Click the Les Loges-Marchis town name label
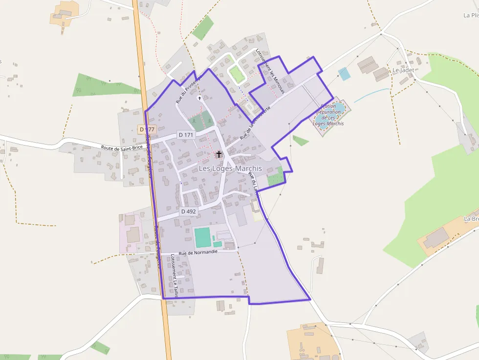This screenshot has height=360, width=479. pyautogui.click(x=230, y=169)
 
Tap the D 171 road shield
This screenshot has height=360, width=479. pyautogui.click(x=186, y=135)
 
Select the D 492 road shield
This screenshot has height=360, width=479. pyautogui.click(x=188, y=212)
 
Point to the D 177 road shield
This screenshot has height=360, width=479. pyautogui.click(x=147, y=129)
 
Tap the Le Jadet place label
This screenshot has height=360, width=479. pyautogui.click(x=403, y=70)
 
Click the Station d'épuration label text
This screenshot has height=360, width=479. pyautogui.click(x=329, y=115)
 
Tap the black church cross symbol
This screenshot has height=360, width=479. pyautogui.click(x=218, y=154)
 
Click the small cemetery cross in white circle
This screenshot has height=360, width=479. pyautogui.click(x=199, y=98)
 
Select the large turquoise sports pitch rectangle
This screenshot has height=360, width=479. pyautogui.click(x=202, y=237)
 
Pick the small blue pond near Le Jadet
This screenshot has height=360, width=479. pyautogui.click(x=344, y=74)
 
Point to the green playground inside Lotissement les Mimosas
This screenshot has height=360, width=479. pyautogui.click(x=237, y=75)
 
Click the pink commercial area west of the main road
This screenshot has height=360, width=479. pyautogui.click(x=131, y=233)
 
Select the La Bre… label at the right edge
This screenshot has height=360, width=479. pyautogui.click(x=471, y=218)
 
